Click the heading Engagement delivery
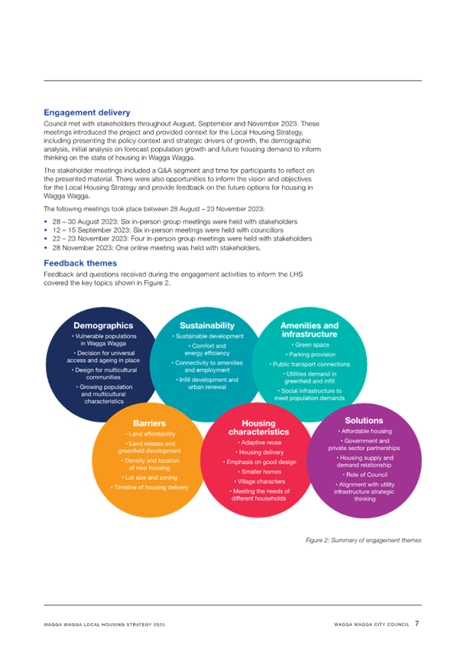(87, 113)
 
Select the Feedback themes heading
(80, 263)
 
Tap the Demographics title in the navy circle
(103, 326)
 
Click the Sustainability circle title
(207, 326)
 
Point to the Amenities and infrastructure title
(310, 330)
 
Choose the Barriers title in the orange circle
(149, 423)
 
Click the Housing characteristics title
(258, 428)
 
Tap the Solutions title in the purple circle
(364, 420)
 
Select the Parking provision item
(310, 354)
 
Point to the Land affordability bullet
(151, 434)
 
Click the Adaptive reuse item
(260, 442)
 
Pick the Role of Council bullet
(365, 475)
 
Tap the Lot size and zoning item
(150, 478)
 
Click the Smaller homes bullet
(260, 472)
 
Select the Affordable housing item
(365, 432)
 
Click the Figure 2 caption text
(363, 540)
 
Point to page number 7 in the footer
(417, 623)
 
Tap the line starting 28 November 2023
(157, 248)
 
